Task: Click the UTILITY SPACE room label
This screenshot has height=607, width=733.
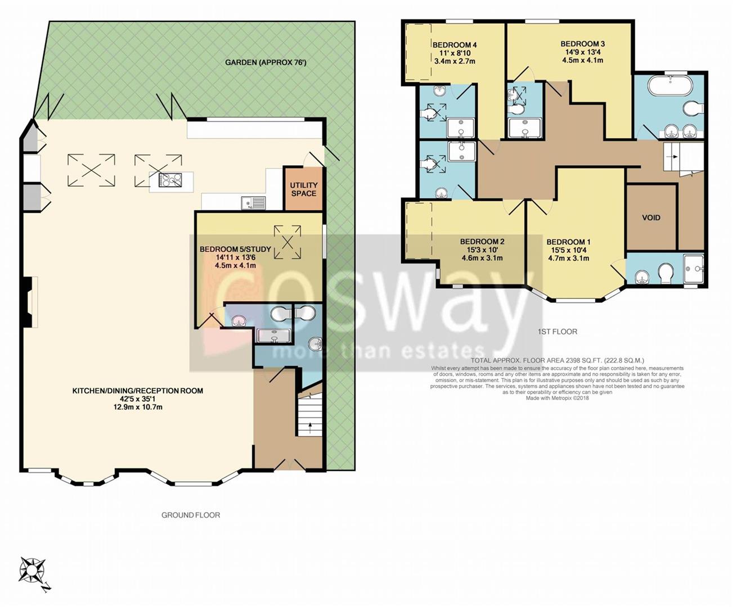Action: (x=303, y=189)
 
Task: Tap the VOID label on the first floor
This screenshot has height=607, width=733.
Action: (x=651, y=218)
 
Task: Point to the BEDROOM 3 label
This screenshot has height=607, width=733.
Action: (x=582, y=44)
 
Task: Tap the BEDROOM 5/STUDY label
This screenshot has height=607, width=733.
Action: (x=235, y=249)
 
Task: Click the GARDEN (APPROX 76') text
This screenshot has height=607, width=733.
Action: (x=266, y=62)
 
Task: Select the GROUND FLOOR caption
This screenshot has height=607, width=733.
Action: (x=191, y=515)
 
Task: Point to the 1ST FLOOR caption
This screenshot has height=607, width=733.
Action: (x=557, y=332)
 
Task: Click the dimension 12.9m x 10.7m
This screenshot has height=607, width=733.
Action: (x=137, y=407)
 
